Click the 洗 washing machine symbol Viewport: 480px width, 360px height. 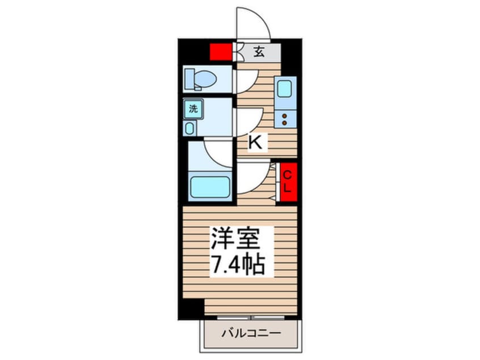[x=193, y=110]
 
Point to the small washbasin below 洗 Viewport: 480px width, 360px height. [x=190, y=128]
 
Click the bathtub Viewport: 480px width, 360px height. [x=210, y=187]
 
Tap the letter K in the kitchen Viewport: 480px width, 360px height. [x=256, y=143]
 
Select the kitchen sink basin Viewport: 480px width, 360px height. [x=284, y=89]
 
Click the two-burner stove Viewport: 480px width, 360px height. [x=284, y=119]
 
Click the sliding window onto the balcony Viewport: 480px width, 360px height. [x=251, y=316]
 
